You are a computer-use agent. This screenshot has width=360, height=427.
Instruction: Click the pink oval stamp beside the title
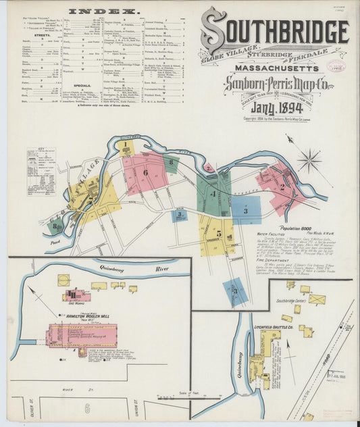336,66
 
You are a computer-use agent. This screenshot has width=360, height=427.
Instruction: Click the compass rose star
310,161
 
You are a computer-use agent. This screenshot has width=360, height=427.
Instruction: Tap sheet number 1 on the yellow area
126,145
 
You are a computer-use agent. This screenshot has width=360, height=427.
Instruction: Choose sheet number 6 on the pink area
145,172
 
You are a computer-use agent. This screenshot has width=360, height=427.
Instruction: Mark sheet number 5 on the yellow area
218,233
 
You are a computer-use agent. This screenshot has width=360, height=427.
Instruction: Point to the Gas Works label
70,303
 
